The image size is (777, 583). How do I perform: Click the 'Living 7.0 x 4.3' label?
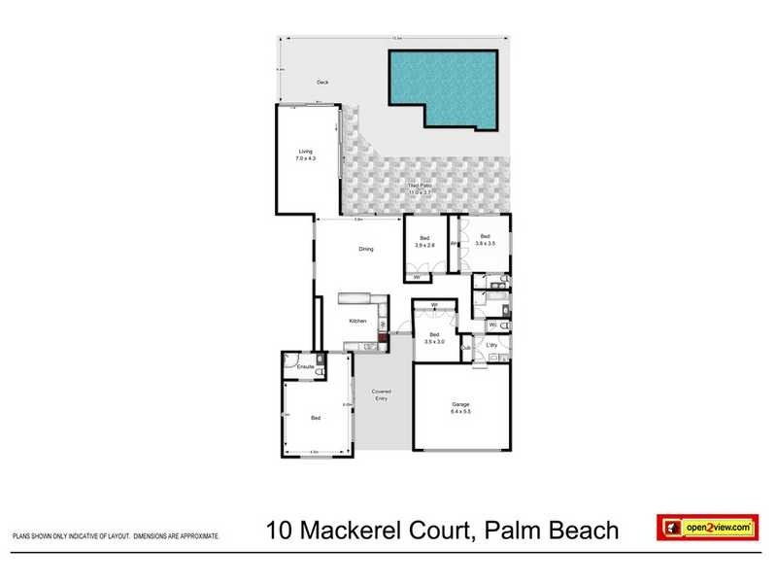306,154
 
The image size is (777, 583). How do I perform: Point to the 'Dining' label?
366,250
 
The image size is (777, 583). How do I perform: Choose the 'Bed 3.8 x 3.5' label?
485,239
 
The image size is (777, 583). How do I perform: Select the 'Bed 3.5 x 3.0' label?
434,337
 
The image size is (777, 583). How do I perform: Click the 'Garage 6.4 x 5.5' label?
460,409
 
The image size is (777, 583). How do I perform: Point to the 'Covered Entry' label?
381,394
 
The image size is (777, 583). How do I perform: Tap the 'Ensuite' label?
304,366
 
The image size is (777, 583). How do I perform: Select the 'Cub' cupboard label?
466,347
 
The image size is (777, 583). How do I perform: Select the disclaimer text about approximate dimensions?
116,535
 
